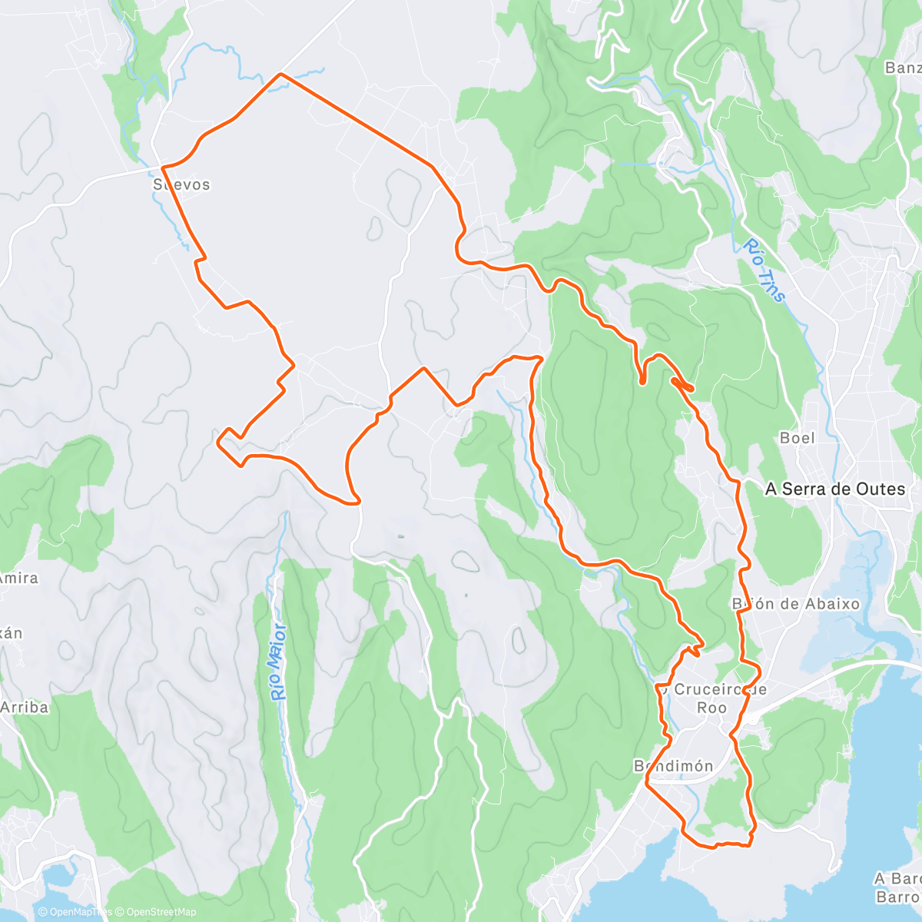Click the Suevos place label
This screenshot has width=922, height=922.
point(181,184)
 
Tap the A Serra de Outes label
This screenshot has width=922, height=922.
point(835,489)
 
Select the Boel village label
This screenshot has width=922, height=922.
point(797,438)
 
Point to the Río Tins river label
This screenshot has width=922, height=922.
point(764,270)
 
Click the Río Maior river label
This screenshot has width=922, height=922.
point(279,662)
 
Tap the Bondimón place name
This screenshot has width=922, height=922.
point(674,766)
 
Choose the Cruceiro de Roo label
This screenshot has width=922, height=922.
point(711,698)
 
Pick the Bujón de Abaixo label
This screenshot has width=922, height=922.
point(796,604)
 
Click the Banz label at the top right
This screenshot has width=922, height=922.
point(903,68)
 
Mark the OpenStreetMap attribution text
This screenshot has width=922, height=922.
point(155,912)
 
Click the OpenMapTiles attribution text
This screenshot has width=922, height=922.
point(75,912)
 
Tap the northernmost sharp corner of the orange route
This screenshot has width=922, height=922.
point(280,74)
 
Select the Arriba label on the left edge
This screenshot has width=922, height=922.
point(24,707)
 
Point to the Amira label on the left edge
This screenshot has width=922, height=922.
point(18,578)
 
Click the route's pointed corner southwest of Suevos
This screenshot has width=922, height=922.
point(219,442)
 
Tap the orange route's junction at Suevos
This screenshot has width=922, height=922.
point(163,166)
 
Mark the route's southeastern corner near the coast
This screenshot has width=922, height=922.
point(750,844)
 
